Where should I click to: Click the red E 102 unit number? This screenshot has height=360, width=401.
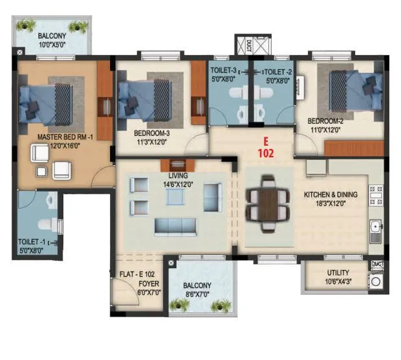[265, 148]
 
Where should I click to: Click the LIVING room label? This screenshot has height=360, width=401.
[178, 175]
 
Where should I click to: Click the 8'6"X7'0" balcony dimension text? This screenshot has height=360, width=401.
[197, 293]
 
